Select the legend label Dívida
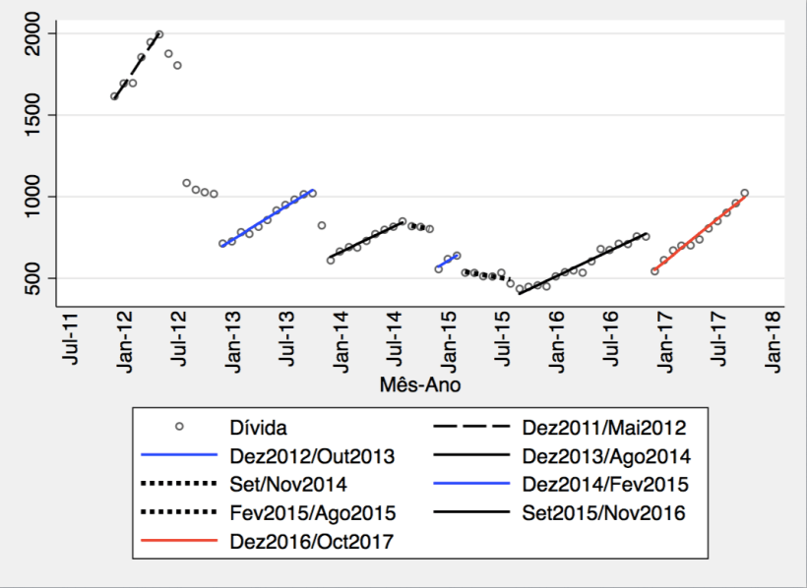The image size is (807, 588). click(x=257, y=427)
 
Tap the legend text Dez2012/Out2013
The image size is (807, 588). click(x=312, y=455)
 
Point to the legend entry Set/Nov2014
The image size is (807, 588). click(x=288, y=484)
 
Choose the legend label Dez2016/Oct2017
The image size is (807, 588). click(x=312, y=541)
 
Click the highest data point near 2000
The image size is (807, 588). click(x=159, y=34)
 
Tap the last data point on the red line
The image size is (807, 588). click(x=745, y=193)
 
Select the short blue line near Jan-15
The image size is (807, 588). click(x=448, y=262)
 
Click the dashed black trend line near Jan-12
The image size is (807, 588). click(x=136, y=65)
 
